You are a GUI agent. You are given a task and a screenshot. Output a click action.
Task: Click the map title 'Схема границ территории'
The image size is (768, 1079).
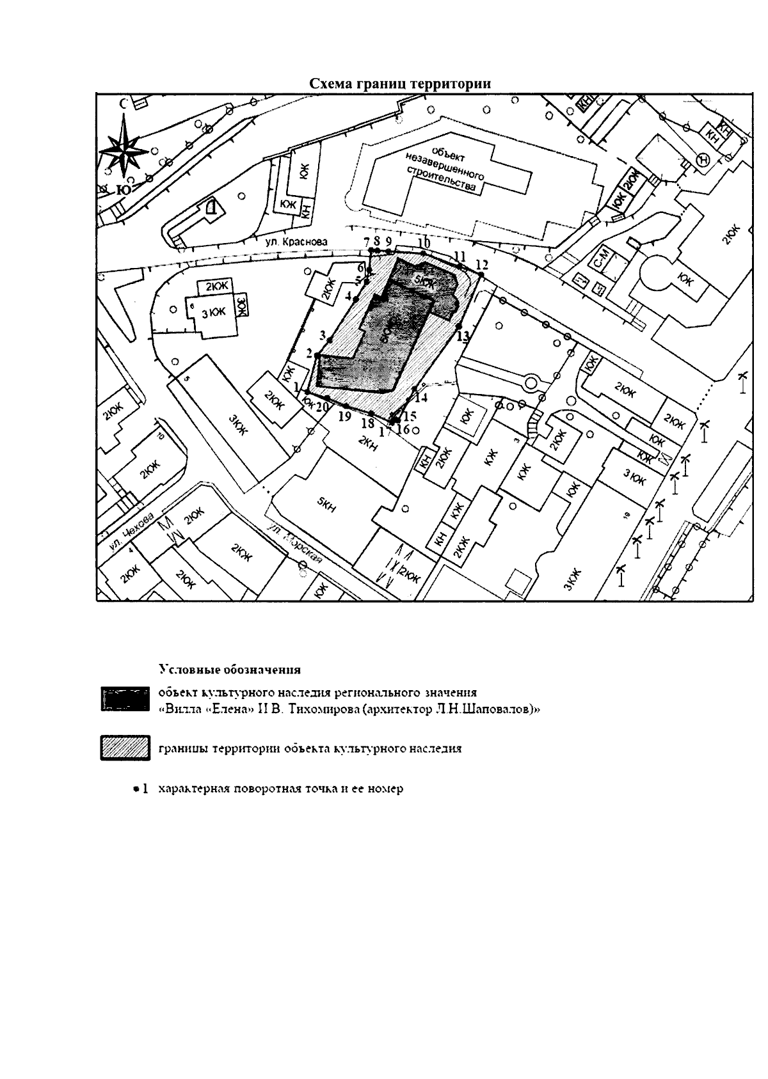coord(401,84)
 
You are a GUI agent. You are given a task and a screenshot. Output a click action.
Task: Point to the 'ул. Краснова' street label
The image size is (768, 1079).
coord(297,242)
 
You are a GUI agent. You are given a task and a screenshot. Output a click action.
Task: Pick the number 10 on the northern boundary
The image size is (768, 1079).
coord(423,244)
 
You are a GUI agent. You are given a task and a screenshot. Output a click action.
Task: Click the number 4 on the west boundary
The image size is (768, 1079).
coord(349,296)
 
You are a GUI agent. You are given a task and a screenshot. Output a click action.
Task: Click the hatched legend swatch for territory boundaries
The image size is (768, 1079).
coord(125,749)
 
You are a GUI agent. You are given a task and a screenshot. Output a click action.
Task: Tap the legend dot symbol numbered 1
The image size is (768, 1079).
coord(136,789)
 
